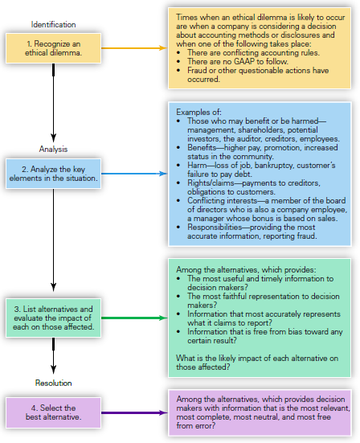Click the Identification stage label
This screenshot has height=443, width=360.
pos(53,25)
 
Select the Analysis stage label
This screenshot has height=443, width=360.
pos(53,149)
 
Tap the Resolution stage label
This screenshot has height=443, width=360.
pos(53,383)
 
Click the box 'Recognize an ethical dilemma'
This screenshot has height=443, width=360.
pos(53,48)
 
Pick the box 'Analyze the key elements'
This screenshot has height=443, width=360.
pos(53,174)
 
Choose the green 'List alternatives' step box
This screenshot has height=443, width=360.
pos(53,318)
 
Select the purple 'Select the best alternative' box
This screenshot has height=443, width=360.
pos(53,412)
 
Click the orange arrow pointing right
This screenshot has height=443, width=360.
pos(134,48)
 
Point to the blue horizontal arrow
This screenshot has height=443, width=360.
pos(134,174)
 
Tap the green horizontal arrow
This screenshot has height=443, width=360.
pos(134,318)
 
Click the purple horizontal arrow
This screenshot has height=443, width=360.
pos(134,412)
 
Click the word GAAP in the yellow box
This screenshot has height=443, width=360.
pos(244,61)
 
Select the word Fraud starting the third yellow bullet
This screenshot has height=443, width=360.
pos(197,70)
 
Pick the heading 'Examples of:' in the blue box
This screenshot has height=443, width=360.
pos(198,113)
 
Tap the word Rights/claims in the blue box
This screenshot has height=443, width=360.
pos(211,183)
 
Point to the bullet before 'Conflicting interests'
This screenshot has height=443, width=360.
pos(178,200)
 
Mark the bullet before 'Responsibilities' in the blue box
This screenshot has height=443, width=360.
pos(178,228)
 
